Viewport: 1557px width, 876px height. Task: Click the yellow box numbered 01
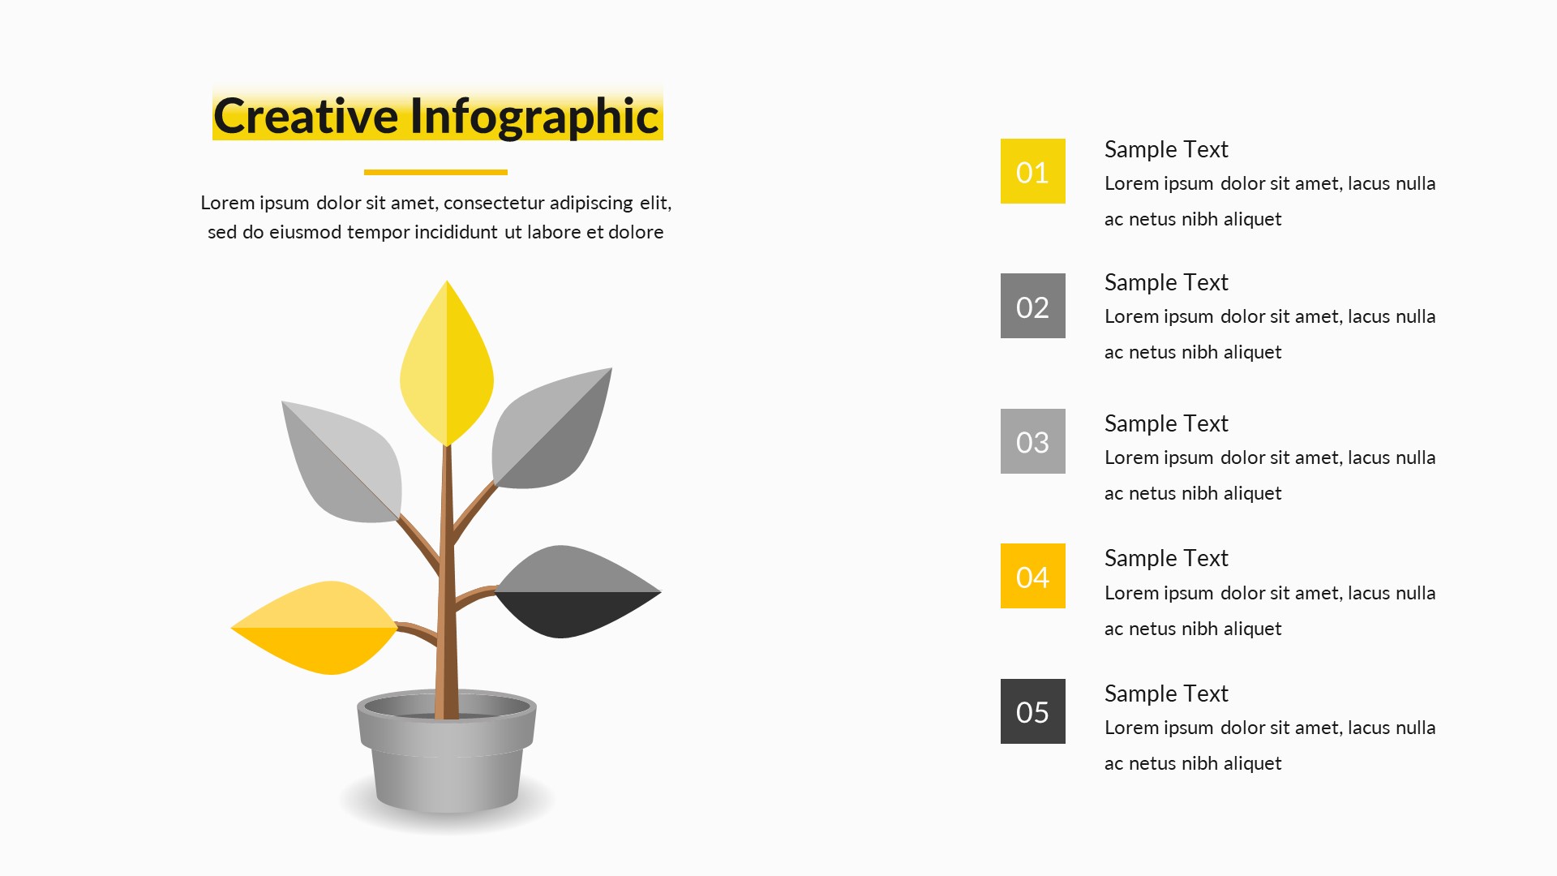tap(1032, 171)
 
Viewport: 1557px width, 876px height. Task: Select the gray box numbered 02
tap(1032, 306)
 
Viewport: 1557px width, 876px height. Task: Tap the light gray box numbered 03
tap(1032, 441)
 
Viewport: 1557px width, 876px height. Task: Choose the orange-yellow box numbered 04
tap(1032, 576)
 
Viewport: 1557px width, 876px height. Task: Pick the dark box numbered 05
tap(1032, 711)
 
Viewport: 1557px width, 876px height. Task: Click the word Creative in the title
tap(307, 116)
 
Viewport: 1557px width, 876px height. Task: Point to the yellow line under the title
tap(435, 172)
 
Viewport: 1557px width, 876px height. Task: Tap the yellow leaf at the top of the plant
tap(447, 363)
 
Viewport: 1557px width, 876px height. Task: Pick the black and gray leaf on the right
tap(578, 592)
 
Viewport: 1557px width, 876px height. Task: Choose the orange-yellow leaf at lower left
tap(315, 628)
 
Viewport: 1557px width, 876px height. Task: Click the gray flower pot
tap(447, 752)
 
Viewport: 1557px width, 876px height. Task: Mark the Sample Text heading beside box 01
tap(1166, 150)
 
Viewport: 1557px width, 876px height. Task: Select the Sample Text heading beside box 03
tap(1166, 424)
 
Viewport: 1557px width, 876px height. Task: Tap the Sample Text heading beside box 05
tap(1166, 694)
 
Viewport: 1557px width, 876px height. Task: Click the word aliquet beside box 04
tap(1252, 629)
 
